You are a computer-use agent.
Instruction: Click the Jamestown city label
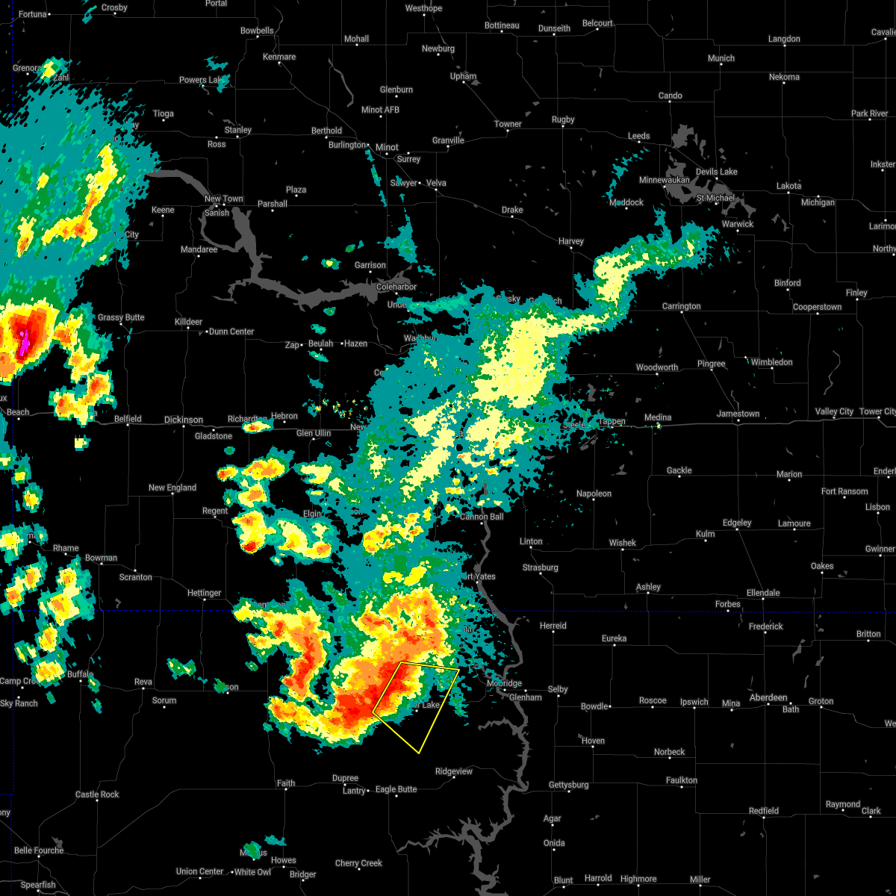point(738,414)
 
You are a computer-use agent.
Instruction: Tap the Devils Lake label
point(717,172)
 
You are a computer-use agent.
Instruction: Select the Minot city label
point(387,147)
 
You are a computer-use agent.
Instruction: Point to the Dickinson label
point(183,420)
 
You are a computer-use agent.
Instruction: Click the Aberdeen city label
point(768,697)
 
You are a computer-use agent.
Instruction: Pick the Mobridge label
point(504,683)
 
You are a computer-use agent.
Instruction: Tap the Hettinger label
point(204,593)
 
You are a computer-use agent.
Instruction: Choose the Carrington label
point(681,306)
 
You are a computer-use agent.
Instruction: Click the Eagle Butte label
point(396,789)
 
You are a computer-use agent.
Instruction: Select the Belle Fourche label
point(39,850)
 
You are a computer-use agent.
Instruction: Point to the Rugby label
point(563,119)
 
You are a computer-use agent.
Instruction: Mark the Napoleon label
point(594,494)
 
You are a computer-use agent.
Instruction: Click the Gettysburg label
point(568,785)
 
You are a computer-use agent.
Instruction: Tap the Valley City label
point(834,411)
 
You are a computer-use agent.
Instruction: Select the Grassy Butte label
point(121,317)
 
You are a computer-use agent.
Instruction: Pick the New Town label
point(224,199)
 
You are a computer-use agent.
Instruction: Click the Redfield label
point(764,811)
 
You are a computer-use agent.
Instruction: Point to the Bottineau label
point(502,25)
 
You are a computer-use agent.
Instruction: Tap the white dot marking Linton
point(531,550)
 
